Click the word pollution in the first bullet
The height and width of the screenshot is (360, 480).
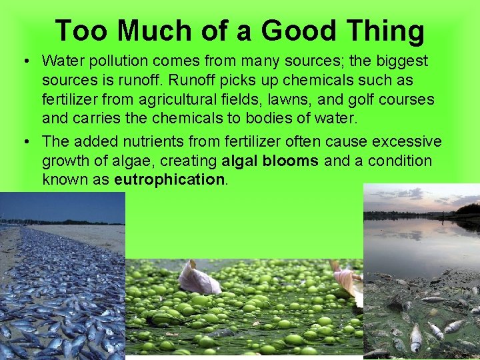click(x=119, y=61)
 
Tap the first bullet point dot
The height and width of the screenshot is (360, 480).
click(x=24, y=61)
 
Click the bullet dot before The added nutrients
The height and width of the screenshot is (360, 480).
click(x=24, y=141)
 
